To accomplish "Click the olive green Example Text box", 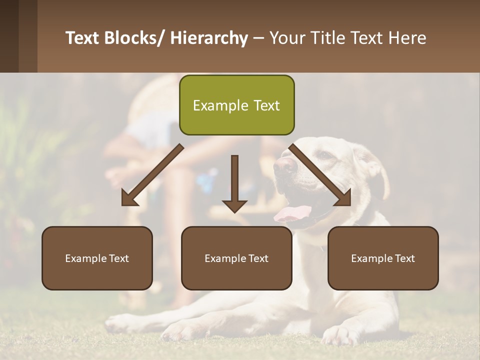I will [236, 105].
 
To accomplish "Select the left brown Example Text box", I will [97, 258].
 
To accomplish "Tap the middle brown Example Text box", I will [236, 258].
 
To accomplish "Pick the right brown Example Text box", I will [383, 258].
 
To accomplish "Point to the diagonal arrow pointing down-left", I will [152, 175].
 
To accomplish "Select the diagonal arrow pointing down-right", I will [320, 175].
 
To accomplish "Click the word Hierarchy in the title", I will [209, 38].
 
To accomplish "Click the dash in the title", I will [258, 39].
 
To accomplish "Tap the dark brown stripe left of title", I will [9, 36].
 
